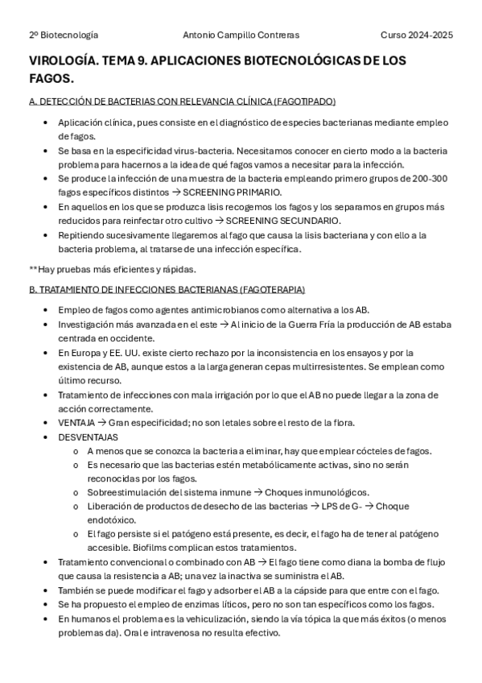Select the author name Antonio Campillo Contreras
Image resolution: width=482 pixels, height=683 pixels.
[241, 35]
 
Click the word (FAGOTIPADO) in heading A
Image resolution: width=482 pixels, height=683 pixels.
[303, 101]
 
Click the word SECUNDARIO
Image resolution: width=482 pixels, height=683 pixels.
[305, 221]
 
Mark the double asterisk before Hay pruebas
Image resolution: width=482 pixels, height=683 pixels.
[32, 269]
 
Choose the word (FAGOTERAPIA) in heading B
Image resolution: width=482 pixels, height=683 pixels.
[273, 289]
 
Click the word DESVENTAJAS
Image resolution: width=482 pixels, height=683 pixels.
[88, 437]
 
